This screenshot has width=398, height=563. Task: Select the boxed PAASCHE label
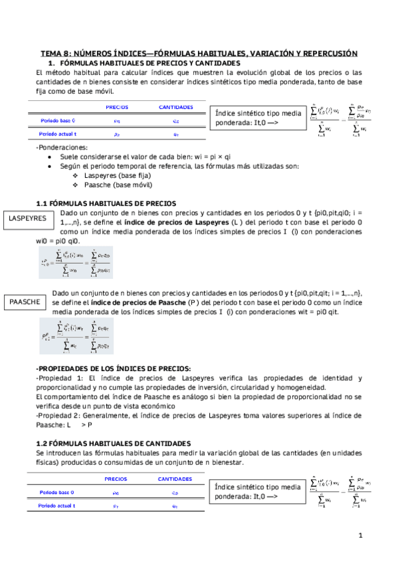[25, 302]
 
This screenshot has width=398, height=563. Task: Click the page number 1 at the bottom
[360, 534]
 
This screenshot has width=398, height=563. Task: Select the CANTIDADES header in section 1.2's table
[175, 479]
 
